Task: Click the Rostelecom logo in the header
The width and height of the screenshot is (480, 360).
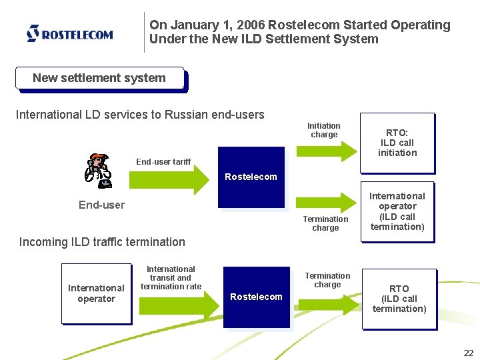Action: (x=69, y=33)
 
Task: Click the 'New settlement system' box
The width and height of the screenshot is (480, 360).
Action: (x=99, y=78)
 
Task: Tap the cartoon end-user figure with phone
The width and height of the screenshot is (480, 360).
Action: (x=98, y=171)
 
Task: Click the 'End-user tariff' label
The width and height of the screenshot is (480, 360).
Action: (x=163, y=161)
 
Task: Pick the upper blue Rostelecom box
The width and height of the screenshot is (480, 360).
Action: (x=251, y=177)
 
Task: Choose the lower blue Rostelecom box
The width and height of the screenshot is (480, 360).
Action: (x=256, y=297)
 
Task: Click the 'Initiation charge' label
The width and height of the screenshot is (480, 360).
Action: (x=324, y=130)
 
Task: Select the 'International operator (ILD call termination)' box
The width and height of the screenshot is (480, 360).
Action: (x=397, y=211)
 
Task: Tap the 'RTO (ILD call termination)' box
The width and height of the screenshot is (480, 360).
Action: (x=399, y=299)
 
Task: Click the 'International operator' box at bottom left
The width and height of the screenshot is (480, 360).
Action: (x=96, y=293)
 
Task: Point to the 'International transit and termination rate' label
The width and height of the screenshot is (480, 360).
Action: (x=171, y=278)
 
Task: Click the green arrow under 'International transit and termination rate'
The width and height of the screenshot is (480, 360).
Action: (x=179, y=305)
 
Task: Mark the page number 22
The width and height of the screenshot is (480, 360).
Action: (x=467, y=353)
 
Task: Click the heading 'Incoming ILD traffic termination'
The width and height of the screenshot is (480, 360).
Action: (x=102, y=242)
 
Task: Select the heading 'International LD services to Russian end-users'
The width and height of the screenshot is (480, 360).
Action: (x=140, y=115)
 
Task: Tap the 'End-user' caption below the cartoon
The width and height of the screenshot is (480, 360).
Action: (x=101, y=205)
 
